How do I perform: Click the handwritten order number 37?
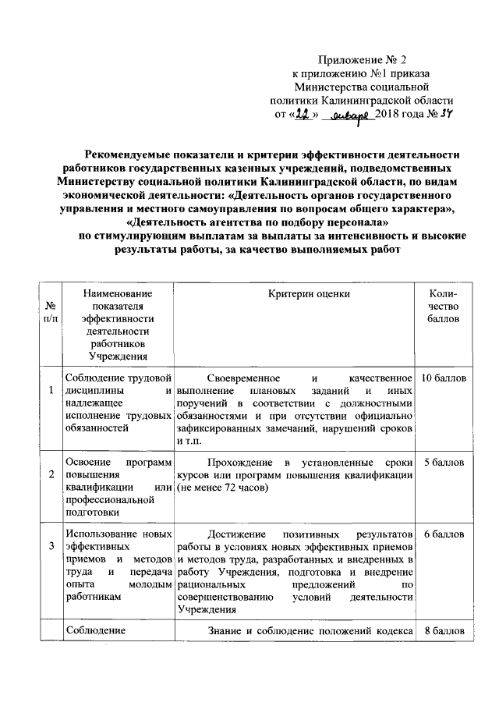(446, 114)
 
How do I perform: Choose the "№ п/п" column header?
(51, 312)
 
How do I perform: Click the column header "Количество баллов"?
(443, 306)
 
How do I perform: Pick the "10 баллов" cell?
(443, 378)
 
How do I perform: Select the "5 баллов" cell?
(443, 463)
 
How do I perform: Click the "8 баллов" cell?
(443, 631)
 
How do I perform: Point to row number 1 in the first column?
(51, 390)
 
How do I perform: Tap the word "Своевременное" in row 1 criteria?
(247, 378)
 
